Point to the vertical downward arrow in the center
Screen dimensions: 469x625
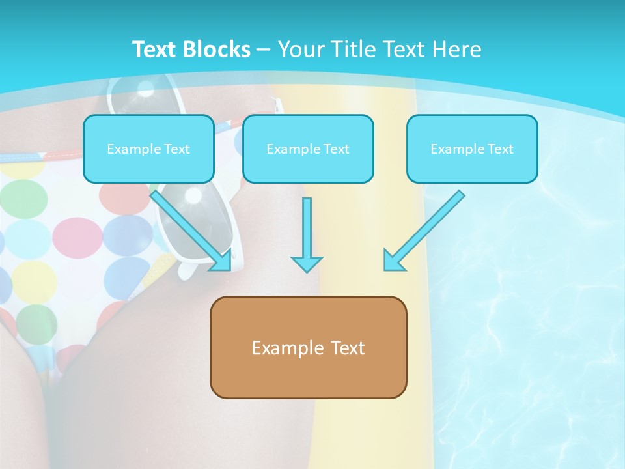click(x=307, y=234)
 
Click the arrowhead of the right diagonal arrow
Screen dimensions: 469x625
click(x=393, y=262)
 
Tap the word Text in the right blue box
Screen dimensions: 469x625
click(x=500, y=149)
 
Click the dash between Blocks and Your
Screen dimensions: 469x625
click(x=264, y=50)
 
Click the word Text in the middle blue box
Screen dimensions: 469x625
click(x=336, y=149)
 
